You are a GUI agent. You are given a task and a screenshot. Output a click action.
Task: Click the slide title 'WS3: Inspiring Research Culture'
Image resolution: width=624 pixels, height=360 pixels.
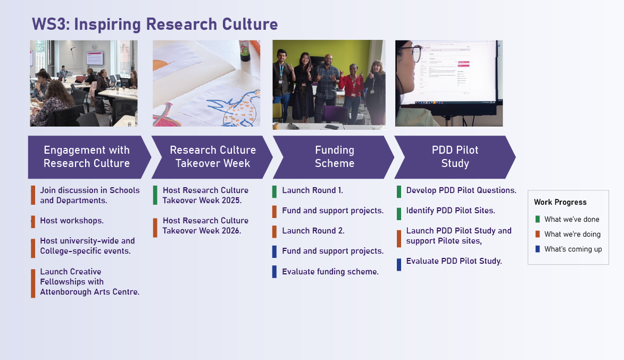click(155, 24)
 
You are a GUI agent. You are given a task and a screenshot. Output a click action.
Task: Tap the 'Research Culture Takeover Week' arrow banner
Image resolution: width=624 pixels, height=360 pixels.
click(212, 157)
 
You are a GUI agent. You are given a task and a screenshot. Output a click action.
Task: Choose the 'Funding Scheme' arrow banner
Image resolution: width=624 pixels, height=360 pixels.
click(334, 157)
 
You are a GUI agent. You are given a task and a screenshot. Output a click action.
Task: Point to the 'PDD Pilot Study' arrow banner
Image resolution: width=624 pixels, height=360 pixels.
click(455, 157)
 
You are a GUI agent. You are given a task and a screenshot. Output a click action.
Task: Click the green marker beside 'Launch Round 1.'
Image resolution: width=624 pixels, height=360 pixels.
click(274, 191)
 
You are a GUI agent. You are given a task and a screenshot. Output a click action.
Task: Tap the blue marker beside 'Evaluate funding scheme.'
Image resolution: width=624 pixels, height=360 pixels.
click(274, 272)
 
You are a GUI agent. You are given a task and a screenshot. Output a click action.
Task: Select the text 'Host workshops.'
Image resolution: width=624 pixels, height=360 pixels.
click(72, 221)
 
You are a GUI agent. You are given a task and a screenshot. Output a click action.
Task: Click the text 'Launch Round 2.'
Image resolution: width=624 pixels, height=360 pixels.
click(313, 231)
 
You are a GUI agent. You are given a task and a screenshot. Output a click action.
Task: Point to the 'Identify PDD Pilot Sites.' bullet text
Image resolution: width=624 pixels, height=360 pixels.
click(451, 211)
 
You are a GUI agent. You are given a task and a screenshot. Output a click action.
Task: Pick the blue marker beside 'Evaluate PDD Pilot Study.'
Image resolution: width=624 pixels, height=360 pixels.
click(399, 264)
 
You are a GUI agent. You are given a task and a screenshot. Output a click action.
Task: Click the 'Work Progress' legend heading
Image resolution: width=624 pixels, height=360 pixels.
click(560, 202)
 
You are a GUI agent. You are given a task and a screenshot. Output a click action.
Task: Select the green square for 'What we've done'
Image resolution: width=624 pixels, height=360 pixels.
click(538, 219)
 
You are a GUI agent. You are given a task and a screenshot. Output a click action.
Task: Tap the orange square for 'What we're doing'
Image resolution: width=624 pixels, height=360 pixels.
click(538, 234)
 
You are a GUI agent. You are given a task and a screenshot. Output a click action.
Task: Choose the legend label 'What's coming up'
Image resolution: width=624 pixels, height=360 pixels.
click(573, 249)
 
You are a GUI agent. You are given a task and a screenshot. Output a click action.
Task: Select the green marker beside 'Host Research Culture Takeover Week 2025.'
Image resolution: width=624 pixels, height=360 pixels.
click(155, 195)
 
